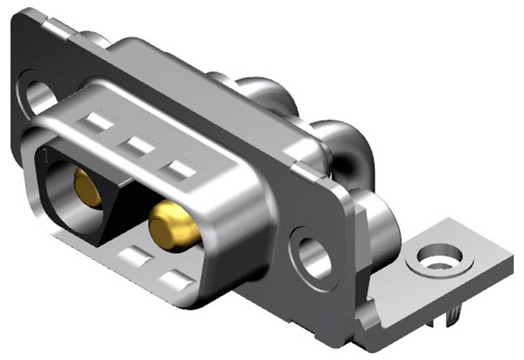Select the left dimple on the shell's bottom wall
tap(135, 256)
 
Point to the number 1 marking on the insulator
tap(46, 153)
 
